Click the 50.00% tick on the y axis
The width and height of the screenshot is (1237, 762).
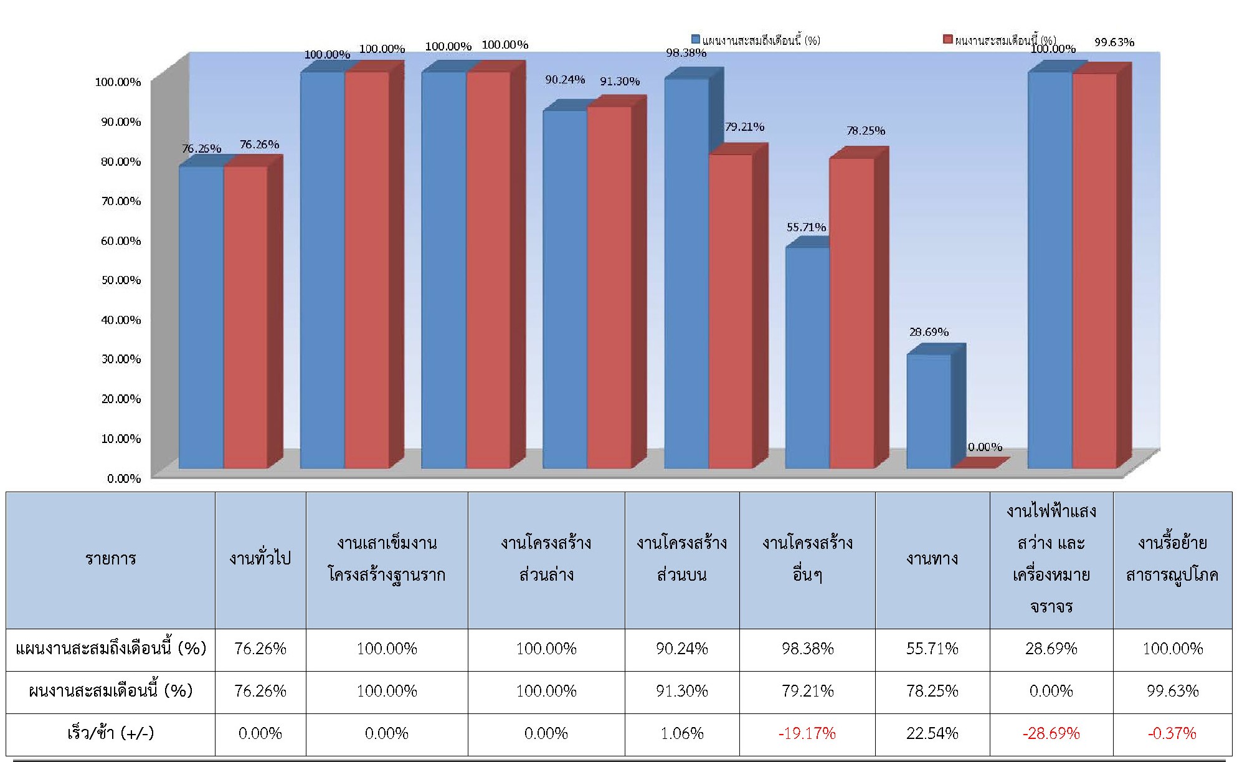121,280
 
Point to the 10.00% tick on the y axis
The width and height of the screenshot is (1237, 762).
121,439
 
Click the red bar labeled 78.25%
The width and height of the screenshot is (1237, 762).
851,313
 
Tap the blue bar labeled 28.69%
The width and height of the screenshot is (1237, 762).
929,411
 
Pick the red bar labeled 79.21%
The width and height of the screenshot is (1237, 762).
731,311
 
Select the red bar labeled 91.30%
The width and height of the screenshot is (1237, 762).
609,287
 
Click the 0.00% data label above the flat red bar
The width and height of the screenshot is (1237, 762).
985,447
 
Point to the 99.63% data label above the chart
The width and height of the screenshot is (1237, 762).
1114,42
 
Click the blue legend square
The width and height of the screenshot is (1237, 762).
696,39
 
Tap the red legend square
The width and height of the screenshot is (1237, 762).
948,39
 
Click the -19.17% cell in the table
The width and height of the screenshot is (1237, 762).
807,733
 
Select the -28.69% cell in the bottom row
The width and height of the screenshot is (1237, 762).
1051,733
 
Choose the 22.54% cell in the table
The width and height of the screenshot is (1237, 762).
932,733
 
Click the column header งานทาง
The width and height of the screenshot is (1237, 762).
932,559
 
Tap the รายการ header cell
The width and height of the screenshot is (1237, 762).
110,559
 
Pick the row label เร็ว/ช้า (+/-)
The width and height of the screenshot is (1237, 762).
110,733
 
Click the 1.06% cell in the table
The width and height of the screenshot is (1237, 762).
682,733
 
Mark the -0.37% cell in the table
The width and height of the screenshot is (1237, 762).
1172,733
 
